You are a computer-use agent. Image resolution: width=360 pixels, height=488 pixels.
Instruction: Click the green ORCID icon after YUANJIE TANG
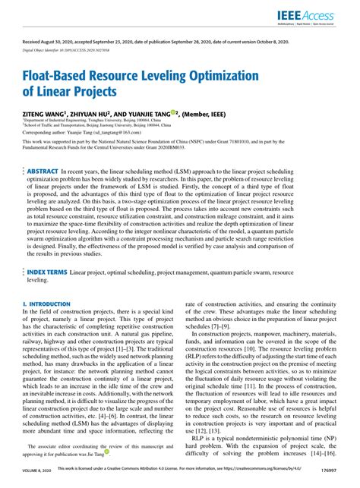tap(174, 112)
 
